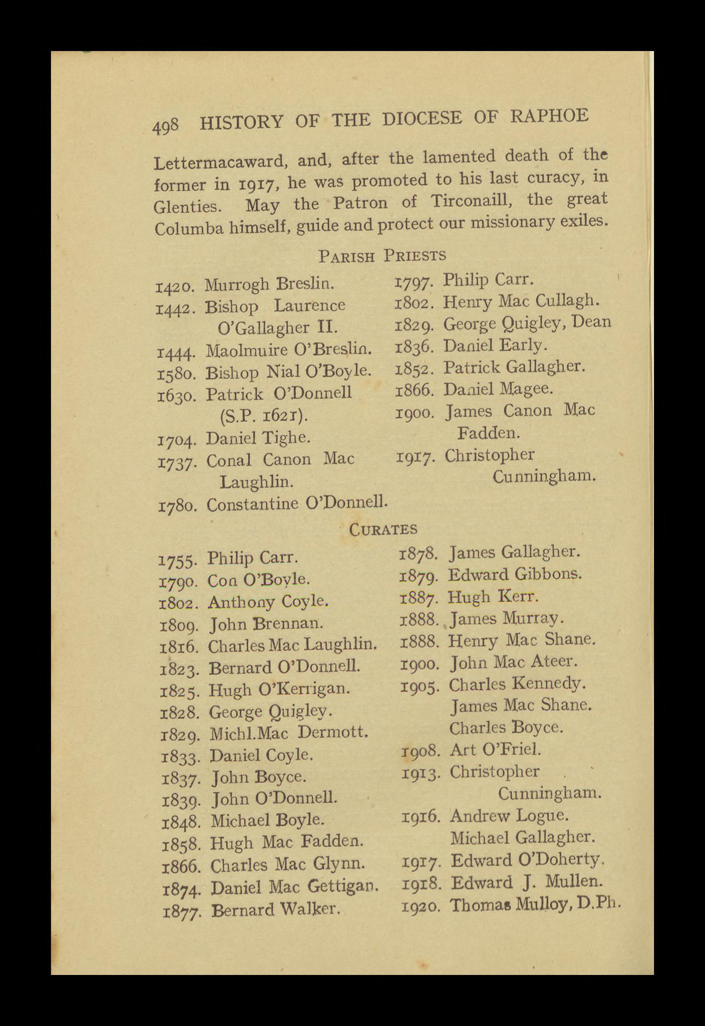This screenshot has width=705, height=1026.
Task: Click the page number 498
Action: [x=166, y=126]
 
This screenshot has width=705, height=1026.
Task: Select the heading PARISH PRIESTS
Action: [x=382, y=256]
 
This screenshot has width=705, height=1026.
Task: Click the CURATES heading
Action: [x=383, y=529]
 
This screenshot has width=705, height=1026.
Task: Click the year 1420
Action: [x=175, y=287]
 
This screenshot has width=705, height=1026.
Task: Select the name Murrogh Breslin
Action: [x=269, y=284]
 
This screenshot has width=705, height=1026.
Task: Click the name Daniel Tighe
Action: [x=258, y=438]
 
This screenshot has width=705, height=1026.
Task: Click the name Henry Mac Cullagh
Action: [x=521, y=301]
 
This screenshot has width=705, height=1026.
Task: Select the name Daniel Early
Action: [x=495, y=345]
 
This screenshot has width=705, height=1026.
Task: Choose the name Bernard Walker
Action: [x=276, y=910]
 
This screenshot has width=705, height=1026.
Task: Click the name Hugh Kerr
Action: [x=492, y=597]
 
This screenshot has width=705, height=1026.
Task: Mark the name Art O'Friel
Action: [x=495, y=750]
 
